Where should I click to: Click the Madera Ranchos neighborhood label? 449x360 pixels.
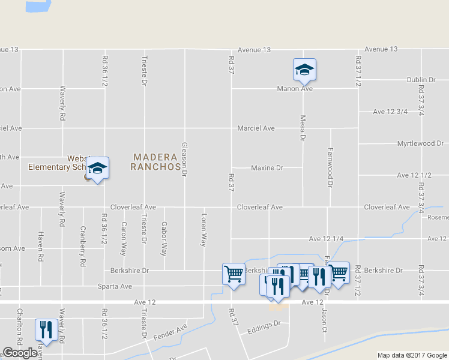(x=156, y=161)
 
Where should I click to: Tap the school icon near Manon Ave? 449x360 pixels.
(x=304, y=70)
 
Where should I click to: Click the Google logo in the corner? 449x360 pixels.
(x=20, y=353)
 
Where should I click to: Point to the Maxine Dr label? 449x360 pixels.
(x=267, y=168)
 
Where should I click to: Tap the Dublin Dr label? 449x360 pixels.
(x=420, y=80)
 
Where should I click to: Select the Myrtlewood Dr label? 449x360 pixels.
(x=420, y=144)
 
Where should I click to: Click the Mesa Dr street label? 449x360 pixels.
(x=303, y=128)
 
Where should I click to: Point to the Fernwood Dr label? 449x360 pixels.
(x=330, y=167)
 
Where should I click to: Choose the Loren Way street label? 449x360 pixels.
(x=204, y=230)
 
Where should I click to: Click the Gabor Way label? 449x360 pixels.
(x=163, y=238)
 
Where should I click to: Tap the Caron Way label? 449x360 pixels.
(x=124, y=238)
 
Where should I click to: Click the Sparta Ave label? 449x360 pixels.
(x=115, y=286)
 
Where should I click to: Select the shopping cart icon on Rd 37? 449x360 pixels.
(x=234, y=275)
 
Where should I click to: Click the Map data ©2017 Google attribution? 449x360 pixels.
(x=412, y=355)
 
